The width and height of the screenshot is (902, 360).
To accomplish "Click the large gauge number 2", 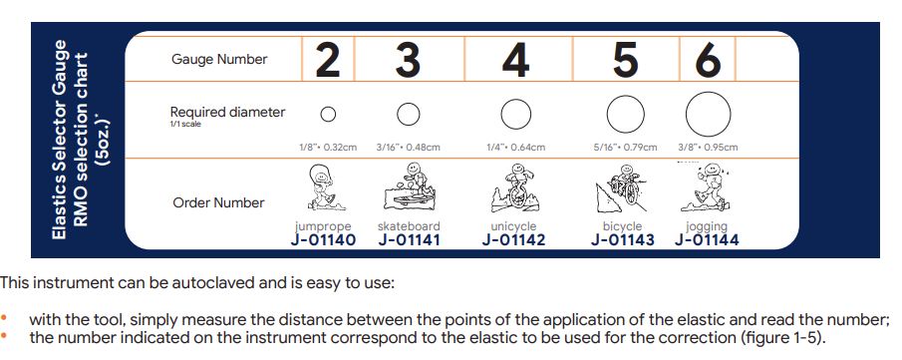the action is point(327,60).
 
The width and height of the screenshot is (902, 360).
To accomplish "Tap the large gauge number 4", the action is point(515,60).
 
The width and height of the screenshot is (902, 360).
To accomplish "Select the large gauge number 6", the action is point(708,60).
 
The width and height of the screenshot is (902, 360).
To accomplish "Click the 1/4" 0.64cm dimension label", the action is point(515,147).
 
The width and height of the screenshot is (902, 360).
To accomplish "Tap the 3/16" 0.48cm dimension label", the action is point(409,147).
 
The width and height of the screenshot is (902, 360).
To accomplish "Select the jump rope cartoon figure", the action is point(324,187).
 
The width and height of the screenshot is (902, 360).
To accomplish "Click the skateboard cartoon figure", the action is point(409,186).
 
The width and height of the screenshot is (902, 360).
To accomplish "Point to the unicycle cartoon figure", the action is point(514,187).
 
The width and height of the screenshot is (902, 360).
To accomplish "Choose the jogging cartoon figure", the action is point(706,186).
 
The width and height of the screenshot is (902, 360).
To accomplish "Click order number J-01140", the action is point(323,239).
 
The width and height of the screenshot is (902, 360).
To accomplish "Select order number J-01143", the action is point(622,239).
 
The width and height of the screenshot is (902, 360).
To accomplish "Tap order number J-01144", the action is point(707,239).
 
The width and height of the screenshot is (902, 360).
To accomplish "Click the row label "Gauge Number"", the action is point(219,59).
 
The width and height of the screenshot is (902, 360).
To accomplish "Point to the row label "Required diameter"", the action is point(227,112).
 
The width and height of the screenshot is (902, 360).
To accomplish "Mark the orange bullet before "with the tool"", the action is point(5,317).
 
